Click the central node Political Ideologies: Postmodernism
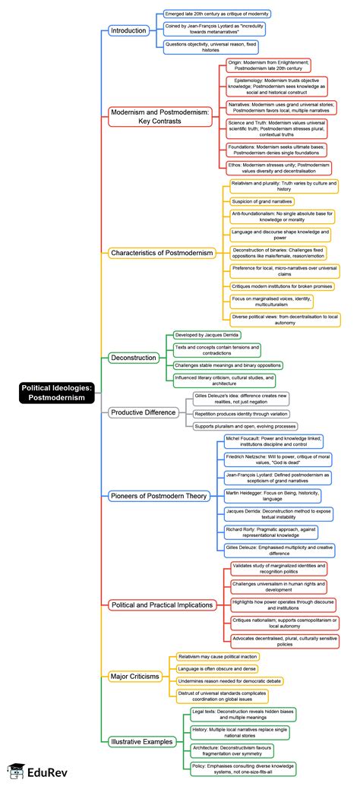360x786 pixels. [56, 393]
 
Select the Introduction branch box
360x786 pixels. [129, 30]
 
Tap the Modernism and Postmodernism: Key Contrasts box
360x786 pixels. [159, 115]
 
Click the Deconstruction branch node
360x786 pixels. [134, 357]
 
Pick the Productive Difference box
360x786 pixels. [143, 412]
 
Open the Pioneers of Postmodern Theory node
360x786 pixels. [158, 495]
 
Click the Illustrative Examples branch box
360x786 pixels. [142, 741]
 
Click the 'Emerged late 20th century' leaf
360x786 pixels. [216, 14]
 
